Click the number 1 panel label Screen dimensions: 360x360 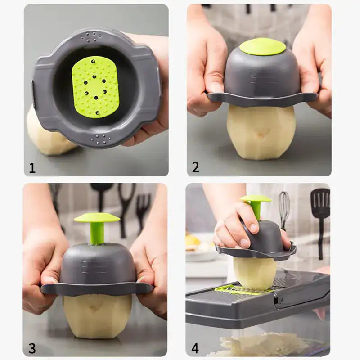(x=32, y=168)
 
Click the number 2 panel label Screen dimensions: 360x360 (x=195, y=167)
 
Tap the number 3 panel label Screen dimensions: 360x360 (x=32, y=348)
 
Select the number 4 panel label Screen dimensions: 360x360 (x=195, y=348)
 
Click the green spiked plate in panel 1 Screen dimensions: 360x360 (x=95, y=86)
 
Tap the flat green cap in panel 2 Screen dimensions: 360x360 (x=262, y=46)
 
